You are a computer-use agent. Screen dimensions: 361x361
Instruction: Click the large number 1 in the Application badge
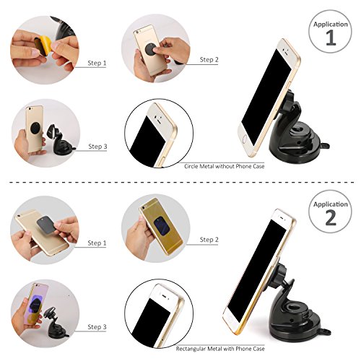331,38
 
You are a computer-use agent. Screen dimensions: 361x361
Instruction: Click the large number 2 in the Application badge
331,217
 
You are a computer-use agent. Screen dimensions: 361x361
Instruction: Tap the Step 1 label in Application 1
97,63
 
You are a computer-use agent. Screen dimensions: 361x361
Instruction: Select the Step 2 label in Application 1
209,60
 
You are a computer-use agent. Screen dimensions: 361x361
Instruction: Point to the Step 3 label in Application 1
97,147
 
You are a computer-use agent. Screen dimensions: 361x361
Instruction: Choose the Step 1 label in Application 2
97,243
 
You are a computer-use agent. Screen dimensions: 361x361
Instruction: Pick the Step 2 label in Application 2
209,240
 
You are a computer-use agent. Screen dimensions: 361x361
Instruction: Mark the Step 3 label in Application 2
97,327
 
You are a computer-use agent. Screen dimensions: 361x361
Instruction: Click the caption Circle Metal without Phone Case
225,166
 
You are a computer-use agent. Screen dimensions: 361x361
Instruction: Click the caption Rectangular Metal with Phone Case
220,349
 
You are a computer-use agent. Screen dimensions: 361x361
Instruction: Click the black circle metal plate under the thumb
151,49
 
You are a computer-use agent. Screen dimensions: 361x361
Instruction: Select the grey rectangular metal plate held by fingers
47,225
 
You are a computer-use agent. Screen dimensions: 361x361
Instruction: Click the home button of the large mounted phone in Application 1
245,139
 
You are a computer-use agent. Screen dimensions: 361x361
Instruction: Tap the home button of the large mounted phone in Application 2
230,319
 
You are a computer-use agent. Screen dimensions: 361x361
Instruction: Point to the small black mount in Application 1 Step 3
61,141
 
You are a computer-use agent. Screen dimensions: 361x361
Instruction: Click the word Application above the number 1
331,25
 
